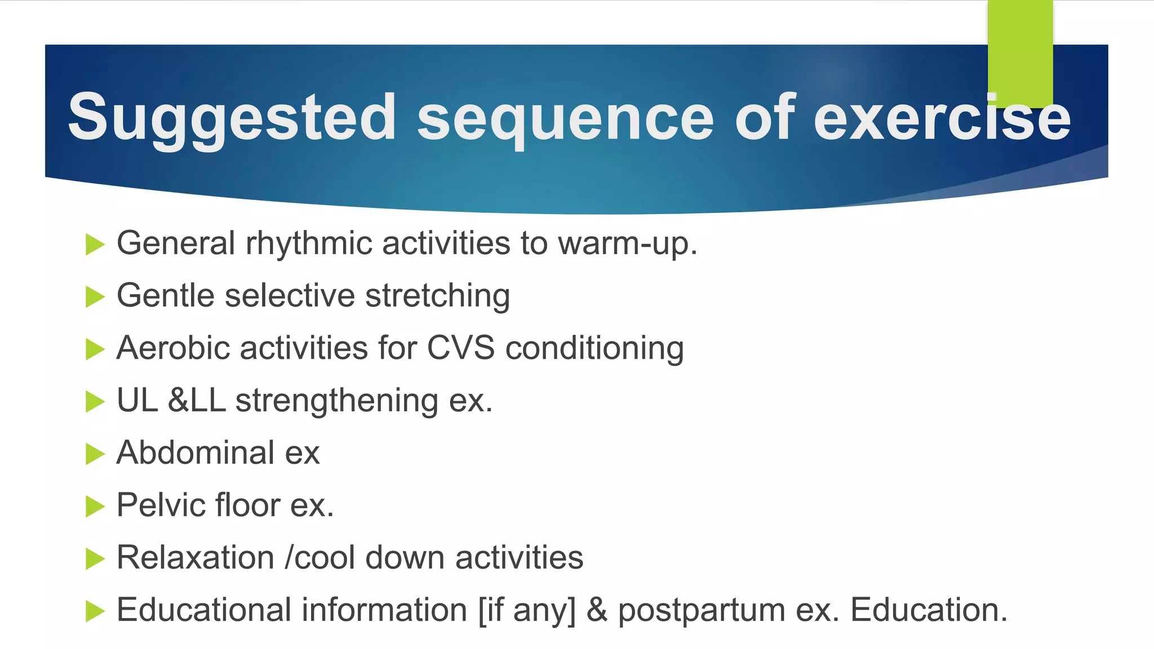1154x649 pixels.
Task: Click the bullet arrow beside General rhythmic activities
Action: click(95, 245)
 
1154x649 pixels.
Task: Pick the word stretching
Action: click(437, 295)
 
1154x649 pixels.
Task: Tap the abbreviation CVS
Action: click(460, 348)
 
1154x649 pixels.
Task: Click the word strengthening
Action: click(336, 401)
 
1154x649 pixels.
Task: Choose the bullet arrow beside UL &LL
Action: click(95, 402)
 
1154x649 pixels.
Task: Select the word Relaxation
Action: click(195, 558)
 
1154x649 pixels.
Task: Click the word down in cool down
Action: click(405, 558)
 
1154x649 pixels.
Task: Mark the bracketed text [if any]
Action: click(527, 610)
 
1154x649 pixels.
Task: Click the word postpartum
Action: click(701, 611)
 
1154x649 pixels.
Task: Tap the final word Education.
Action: click(928, 610)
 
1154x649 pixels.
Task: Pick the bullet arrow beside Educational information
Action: click(95, 611)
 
